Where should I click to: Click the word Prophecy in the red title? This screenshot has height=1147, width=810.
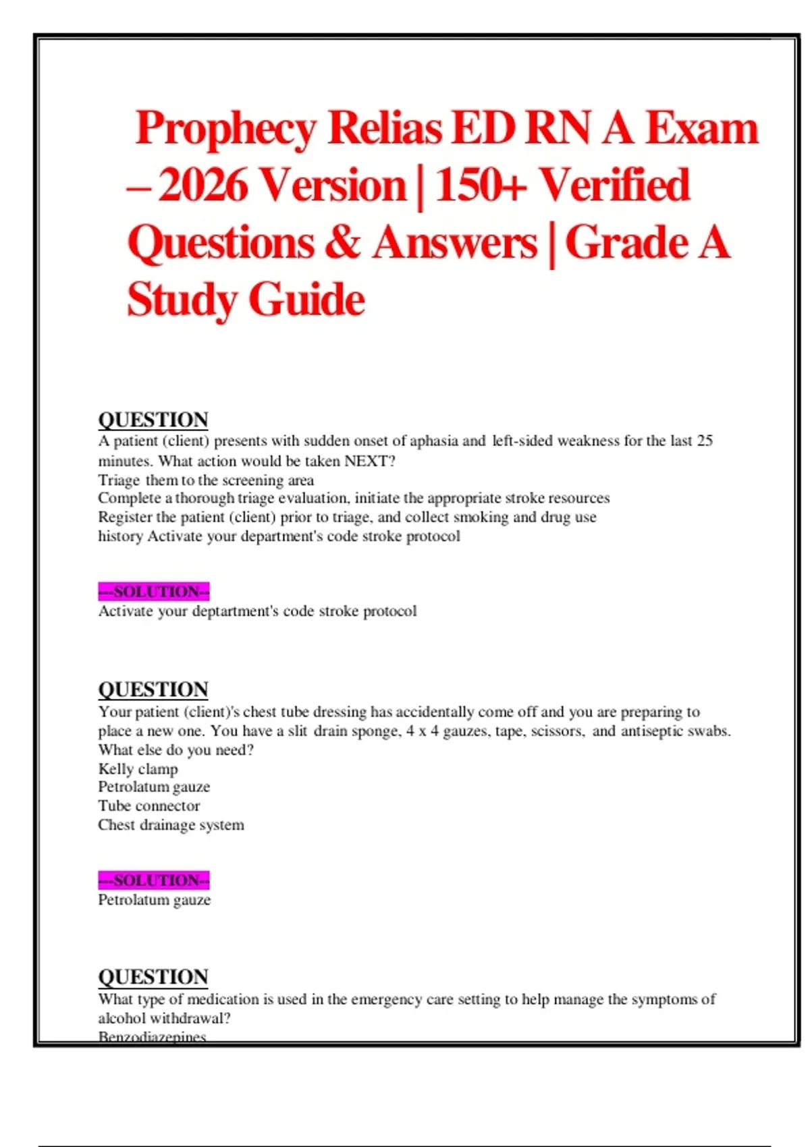pyautogui.click(x=225, y=128)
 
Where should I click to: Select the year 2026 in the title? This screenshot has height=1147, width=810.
pyautogui.click(x=203, y=186)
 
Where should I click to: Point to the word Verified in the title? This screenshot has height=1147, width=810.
pyautogui.click(x=614, y=186)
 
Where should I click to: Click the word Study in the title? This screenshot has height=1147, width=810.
pyautogui.click(x=182, y=300)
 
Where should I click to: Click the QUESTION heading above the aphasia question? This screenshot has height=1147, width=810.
pyautogui.click(x=153, y=420)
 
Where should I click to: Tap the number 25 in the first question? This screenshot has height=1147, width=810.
pyautogui.click(x=705, y=441)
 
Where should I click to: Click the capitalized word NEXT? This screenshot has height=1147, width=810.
pyautogui.click(x=365, y=461)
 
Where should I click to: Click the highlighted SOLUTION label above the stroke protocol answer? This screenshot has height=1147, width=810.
pyautogui.click(x=154, y=592)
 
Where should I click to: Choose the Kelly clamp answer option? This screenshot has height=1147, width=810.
pyautogui.click(x=138, y=769)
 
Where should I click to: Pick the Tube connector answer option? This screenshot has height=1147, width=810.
pyautogui.click(x=148, y=806)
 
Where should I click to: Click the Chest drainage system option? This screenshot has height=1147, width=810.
pyautogui.click(x=171, y=825)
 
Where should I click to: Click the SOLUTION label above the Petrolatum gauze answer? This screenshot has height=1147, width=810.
pyautogui.click(x=154, y=880)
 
